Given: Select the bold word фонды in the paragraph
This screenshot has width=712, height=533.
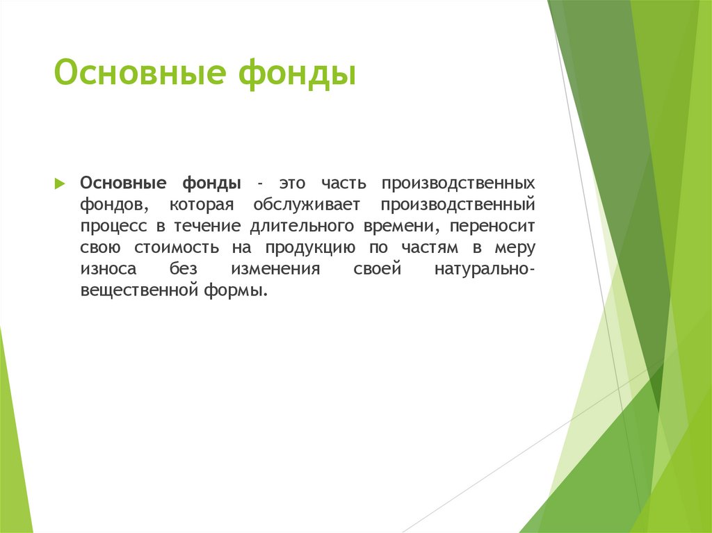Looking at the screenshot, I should [212, 183].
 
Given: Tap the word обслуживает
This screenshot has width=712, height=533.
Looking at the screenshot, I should [307, 205].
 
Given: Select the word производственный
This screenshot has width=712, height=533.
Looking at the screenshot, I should [457, 205].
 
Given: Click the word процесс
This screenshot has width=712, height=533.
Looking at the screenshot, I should [111, 227].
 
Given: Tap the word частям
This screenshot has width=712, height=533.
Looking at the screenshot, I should [431, 248].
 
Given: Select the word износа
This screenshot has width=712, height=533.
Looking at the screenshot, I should [107, 270].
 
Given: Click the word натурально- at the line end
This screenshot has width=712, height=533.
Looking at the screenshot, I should [484, 270].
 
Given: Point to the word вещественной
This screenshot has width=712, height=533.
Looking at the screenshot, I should [136, 291].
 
